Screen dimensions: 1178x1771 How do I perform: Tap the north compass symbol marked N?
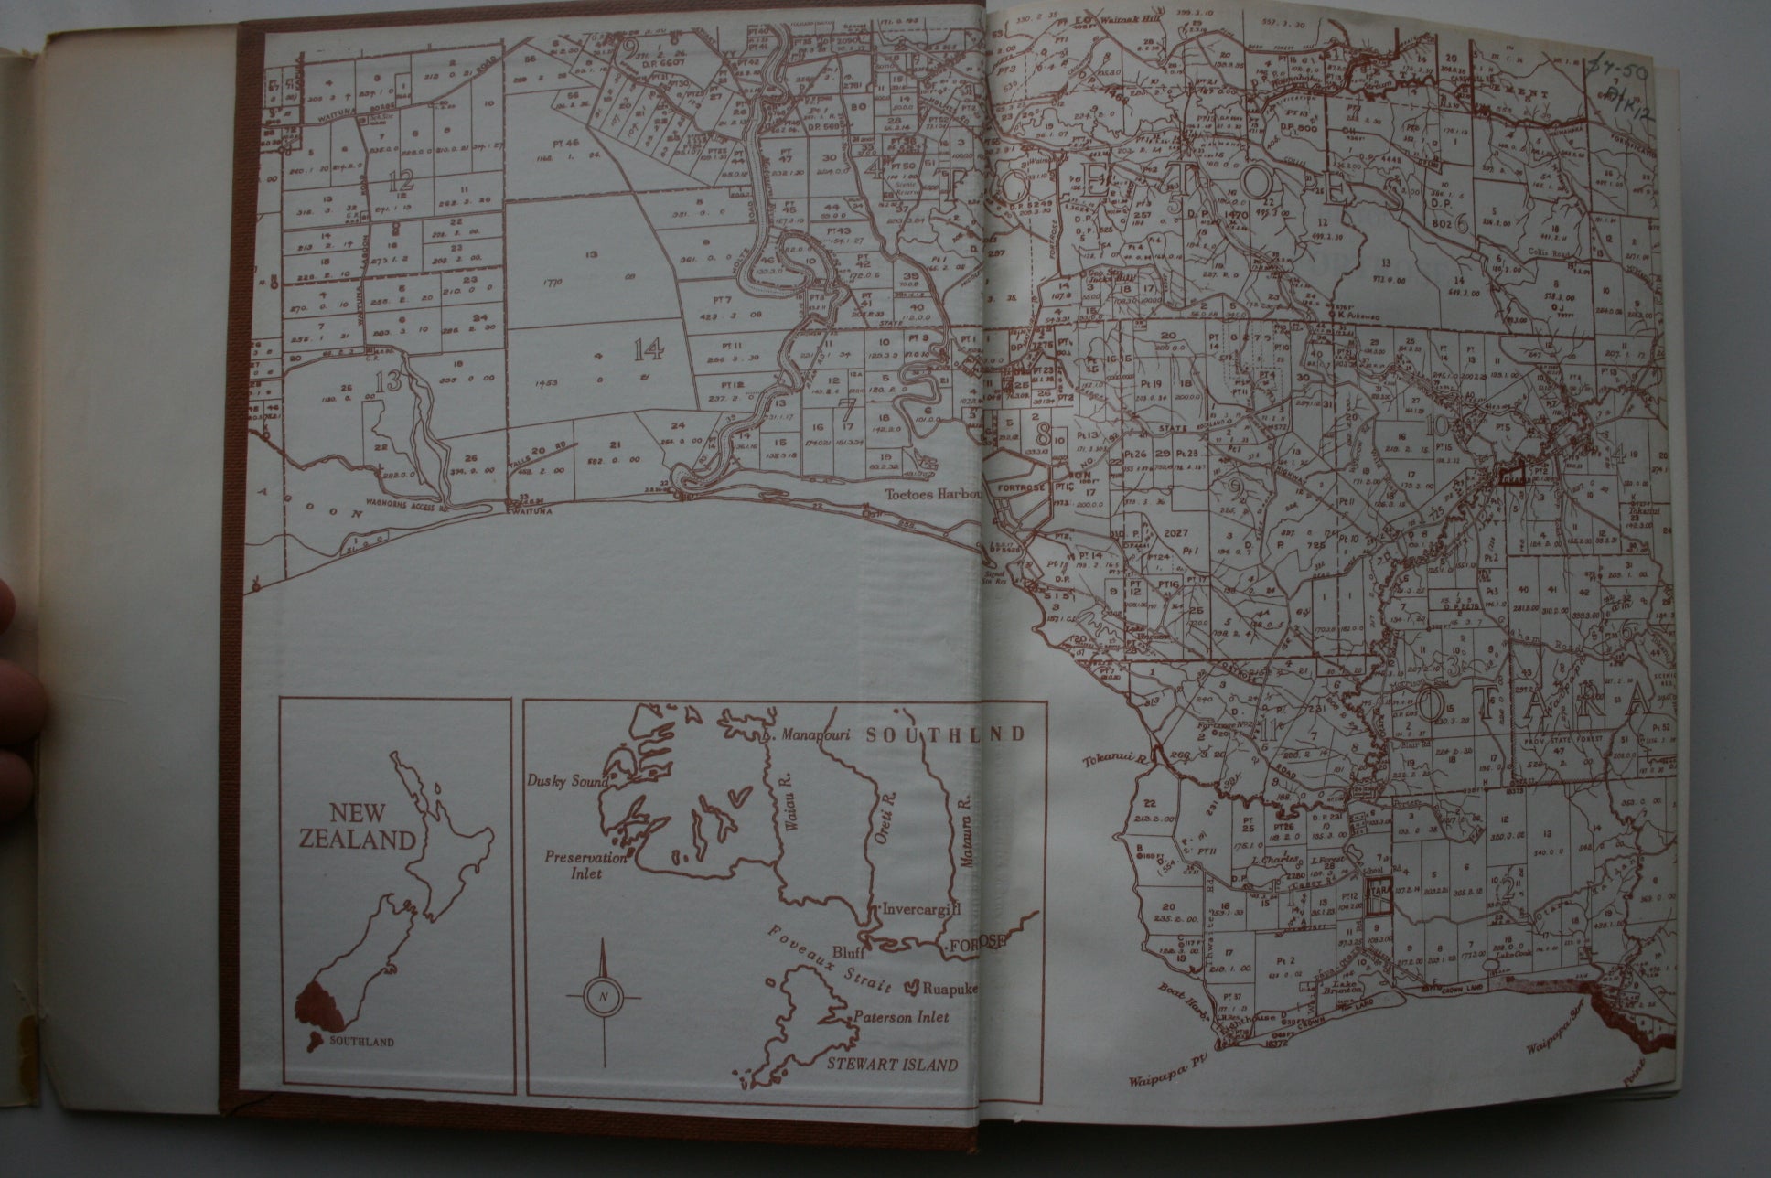(602, 995)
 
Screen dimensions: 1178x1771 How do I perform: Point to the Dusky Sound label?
(561, 781)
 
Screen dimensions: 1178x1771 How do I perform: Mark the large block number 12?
(400, 182)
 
